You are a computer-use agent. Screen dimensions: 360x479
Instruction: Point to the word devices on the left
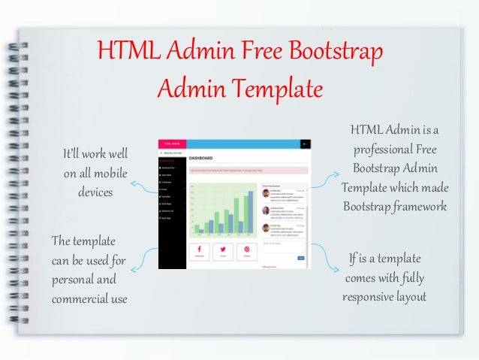95,192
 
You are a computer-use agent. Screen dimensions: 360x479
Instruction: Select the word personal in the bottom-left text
74,280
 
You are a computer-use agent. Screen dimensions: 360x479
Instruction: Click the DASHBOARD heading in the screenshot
202,159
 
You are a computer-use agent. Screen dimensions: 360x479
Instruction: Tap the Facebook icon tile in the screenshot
200,251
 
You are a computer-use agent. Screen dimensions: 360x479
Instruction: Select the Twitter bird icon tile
223,251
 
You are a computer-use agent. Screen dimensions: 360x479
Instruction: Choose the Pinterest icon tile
246,251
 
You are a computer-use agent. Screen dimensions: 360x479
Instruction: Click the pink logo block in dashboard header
172,144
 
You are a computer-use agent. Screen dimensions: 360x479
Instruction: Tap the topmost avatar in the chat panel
267,193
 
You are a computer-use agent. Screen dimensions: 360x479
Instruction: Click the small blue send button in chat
301,258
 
